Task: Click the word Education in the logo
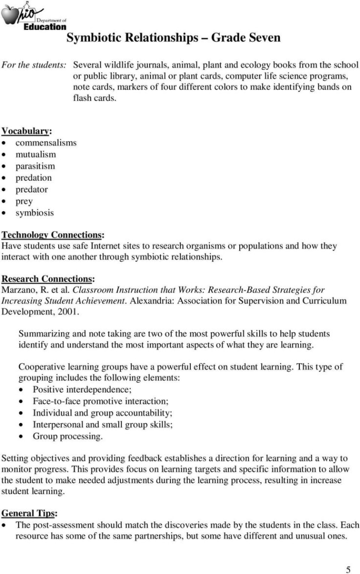click(x=45, y=27)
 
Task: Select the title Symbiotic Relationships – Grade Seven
click(x=173, y=38)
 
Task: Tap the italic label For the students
click(x=34, y=65)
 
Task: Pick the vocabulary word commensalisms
click(x=46, y=143)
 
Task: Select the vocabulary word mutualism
click(x=35, y=154)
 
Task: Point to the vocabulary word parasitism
click(x=35, y=166)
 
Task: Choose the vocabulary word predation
click(x=33, y=178)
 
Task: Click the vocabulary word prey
click(x=24, y=201)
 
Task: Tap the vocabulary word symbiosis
click(x=34, y=213)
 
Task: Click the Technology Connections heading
click(x=52, y=235)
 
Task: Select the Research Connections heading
click(x=48, y=279)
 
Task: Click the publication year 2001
click(x=67, y=311)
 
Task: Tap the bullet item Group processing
click(x=67, y=436)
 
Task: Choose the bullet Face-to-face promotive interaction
click(x=100, y=401)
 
